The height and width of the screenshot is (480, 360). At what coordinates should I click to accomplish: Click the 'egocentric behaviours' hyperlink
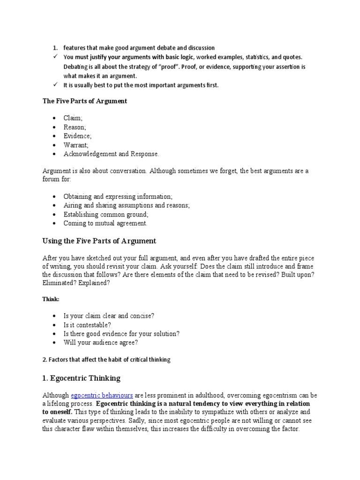click(102, 395)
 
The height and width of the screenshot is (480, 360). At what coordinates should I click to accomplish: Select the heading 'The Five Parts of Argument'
click(85, 101)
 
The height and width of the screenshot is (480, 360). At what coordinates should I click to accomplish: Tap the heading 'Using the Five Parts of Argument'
click(99, 241)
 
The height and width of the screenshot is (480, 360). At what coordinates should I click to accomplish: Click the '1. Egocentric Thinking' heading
click(82, 377)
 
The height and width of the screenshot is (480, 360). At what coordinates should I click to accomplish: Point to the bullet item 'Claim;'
click(73, 118)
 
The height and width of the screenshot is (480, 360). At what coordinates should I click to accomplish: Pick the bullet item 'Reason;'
click(75, 127)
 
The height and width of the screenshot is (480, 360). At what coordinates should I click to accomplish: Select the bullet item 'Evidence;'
click(78, 136)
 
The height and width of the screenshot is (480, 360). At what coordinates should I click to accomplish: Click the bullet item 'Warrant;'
click(76, 145)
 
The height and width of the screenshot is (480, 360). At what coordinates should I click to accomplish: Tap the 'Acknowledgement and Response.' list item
click(112, 154)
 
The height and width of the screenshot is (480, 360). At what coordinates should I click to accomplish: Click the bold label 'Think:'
click(51, 299)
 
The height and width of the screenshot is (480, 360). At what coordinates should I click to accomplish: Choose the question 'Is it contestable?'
click(88, 324)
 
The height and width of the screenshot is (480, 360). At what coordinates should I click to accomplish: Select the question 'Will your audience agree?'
click(101, 342)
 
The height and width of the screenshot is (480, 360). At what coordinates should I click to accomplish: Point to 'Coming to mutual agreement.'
click(105, 223)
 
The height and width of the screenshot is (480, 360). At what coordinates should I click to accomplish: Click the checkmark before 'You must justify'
click(55, 57)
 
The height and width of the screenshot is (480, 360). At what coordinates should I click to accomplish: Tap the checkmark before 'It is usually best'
click(55, 85)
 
